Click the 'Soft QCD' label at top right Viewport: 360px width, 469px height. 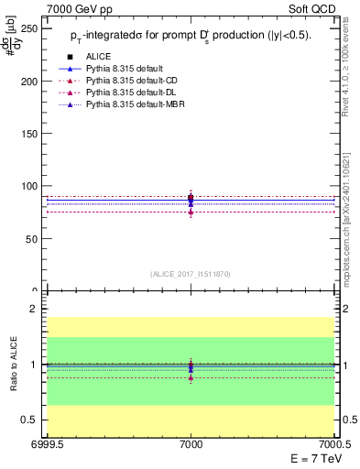313,8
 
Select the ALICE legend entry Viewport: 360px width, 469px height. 98,56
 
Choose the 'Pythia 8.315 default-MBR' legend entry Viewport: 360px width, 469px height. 134,104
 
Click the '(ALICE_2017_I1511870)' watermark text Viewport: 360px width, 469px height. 191,274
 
